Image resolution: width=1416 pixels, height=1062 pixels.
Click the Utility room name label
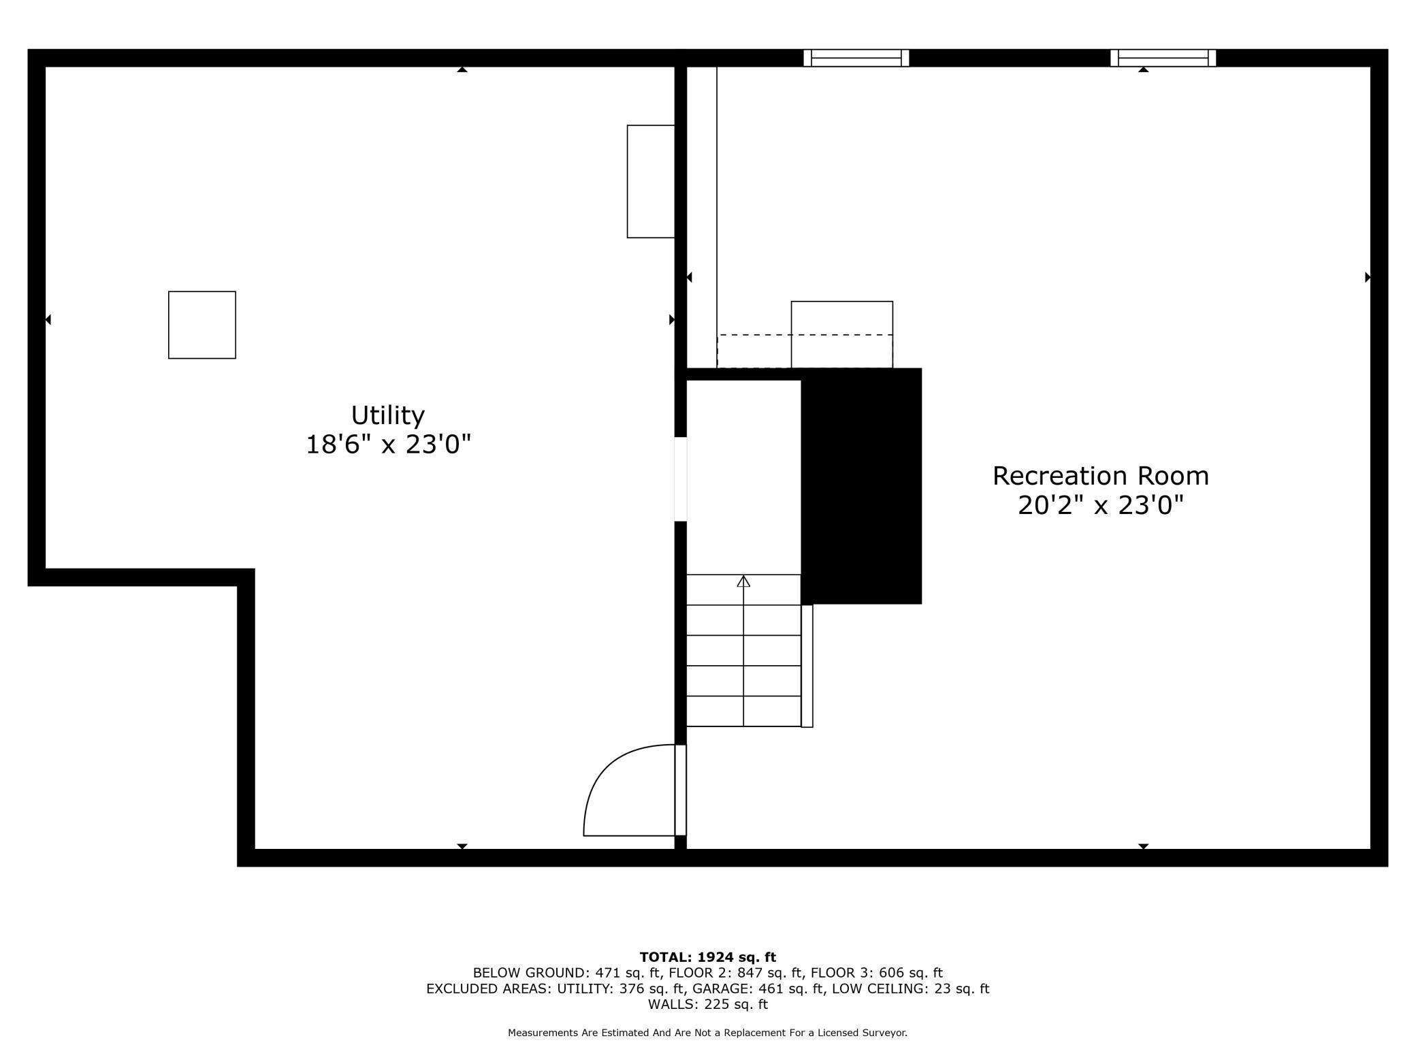[x=387, y=415]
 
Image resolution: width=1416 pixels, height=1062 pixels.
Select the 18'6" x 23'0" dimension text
[x=388, y=445]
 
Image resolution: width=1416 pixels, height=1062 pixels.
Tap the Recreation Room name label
[x=1100, y=476]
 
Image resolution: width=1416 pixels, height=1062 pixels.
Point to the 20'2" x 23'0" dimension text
[x=1100, y=505]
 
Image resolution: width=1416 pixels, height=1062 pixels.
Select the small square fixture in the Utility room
[x=202, y=325]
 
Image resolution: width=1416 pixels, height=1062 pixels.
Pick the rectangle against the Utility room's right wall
[x=651, y=181]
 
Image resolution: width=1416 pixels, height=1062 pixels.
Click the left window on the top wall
[x=856, y=58]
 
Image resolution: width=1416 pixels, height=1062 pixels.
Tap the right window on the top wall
[x=1163, y=58]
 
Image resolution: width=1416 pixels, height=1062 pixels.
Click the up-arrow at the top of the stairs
[x=743, y=581]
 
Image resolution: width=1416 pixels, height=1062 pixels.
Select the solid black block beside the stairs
[x=861, y=485]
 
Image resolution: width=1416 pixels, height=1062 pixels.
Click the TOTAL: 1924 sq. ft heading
[x=707, y=957]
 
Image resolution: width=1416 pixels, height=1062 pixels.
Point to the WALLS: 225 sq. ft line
[x=707, y=1004]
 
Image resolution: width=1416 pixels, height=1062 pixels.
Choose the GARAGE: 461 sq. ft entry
[x=755, y=988]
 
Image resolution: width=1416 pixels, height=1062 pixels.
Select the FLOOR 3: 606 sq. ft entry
[x=876, y=973]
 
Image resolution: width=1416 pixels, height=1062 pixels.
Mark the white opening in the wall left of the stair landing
[x=680, y=479]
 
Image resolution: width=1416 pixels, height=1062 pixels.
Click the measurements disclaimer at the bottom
[x=707, y=1033]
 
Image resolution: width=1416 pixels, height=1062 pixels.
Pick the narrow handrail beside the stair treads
[x=807, y=665]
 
